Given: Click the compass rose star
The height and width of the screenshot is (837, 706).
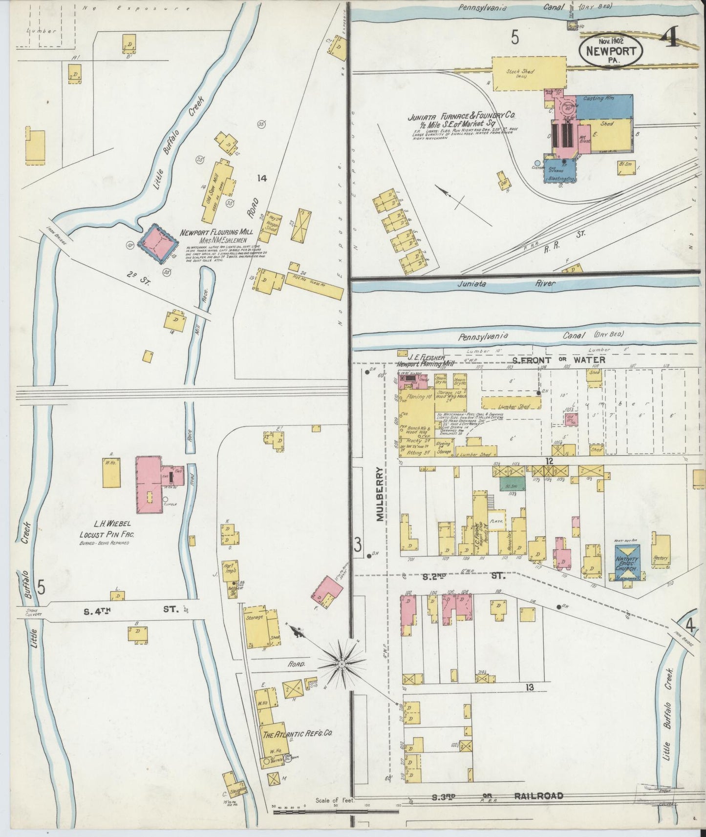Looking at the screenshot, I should click(x=342, y=664).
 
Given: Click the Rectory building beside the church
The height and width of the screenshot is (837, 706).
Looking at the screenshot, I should click(x=661, y=552).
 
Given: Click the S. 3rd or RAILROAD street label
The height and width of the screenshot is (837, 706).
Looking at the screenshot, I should click(x=497, y=796).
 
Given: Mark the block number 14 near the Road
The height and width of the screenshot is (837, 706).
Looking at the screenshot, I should click(x=262, y=179).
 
